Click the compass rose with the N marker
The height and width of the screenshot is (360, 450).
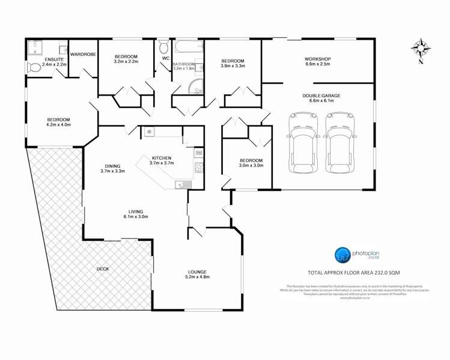(421, 48)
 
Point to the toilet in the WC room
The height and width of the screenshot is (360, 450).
(163, 47)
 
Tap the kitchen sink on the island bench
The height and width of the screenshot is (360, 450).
(181, 184)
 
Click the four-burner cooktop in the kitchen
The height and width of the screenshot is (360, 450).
(199, 166)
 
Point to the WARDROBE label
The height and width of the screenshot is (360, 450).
(82, 54)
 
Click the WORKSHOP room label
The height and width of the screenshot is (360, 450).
(318, 58)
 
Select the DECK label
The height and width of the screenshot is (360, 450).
(102, 269)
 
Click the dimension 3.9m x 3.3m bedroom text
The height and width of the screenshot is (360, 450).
(233, 67)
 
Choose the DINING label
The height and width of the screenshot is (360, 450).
(111, 166)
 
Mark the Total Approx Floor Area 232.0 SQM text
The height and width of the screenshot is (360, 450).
(353, 273)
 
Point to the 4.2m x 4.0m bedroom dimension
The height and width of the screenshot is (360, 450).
(58, 125)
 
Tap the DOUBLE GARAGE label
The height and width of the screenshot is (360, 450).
(321, 96)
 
